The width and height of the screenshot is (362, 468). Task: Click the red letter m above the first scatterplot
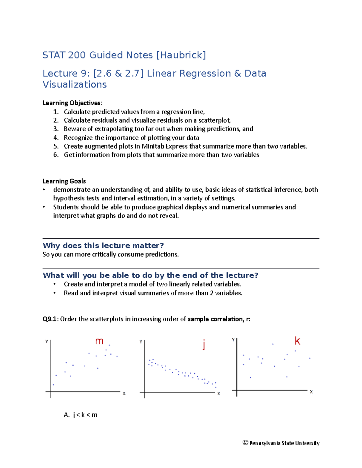click(x=99, y=341)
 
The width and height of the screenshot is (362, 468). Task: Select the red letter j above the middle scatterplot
click(x=204, y=344)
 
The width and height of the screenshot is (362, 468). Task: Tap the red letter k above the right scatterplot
click(x=297, y=341)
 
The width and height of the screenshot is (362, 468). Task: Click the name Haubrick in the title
click(x=181, y=55)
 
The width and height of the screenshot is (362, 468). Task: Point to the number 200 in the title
click(x=77, y=55)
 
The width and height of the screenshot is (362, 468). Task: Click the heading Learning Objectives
click(x=72, y=103)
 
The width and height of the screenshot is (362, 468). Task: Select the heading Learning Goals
click(x=64, y=181)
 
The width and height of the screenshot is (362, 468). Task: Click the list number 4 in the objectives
click(x=56, y=138)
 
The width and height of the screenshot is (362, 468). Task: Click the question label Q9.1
click(x=50, y=319)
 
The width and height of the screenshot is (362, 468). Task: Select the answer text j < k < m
click(x=85, y=415)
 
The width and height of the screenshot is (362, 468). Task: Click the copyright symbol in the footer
click(x=245, y=443)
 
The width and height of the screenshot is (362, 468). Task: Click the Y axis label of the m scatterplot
click(x=46, y=341)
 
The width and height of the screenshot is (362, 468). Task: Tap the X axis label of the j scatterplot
click(x=219, y=394)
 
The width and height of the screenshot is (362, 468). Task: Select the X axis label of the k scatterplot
click(x=311, y=392)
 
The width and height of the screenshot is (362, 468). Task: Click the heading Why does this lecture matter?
click(x=103, y=245)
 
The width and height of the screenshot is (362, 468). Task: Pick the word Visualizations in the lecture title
click(x=75, y=84)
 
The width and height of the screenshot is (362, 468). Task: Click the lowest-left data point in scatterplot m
click(x=53, y=385)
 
